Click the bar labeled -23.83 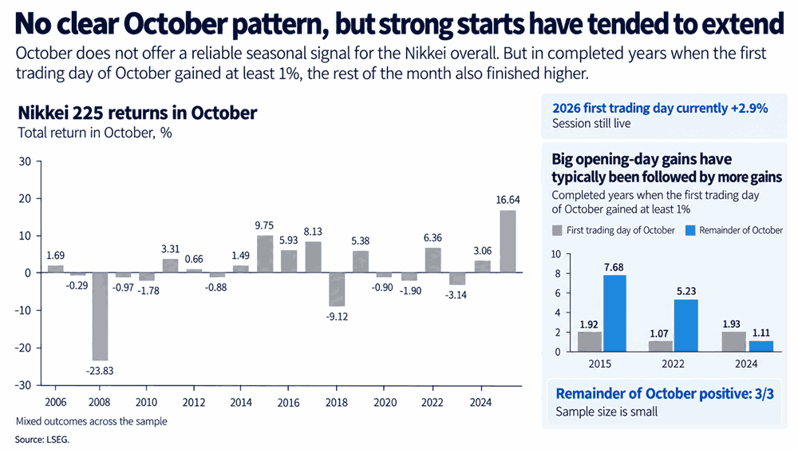100,317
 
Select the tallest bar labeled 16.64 508,241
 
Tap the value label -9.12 337,317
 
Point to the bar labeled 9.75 265,254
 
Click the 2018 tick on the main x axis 337,402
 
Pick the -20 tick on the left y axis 23,348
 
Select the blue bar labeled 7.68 614,313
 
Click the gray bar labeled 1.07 661,346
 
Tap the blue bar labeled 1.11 760,346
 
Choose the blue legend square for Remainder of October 690,230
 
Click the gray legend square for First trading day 557,230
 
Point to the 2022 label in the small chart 673,364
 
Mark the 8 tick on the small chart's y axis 558,273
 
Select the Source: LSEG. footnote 41,440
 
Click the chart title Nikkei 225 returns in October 137,113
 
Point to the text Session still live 591,123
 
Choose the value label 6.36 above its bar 433,237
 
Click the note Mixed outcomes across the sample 91,421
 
